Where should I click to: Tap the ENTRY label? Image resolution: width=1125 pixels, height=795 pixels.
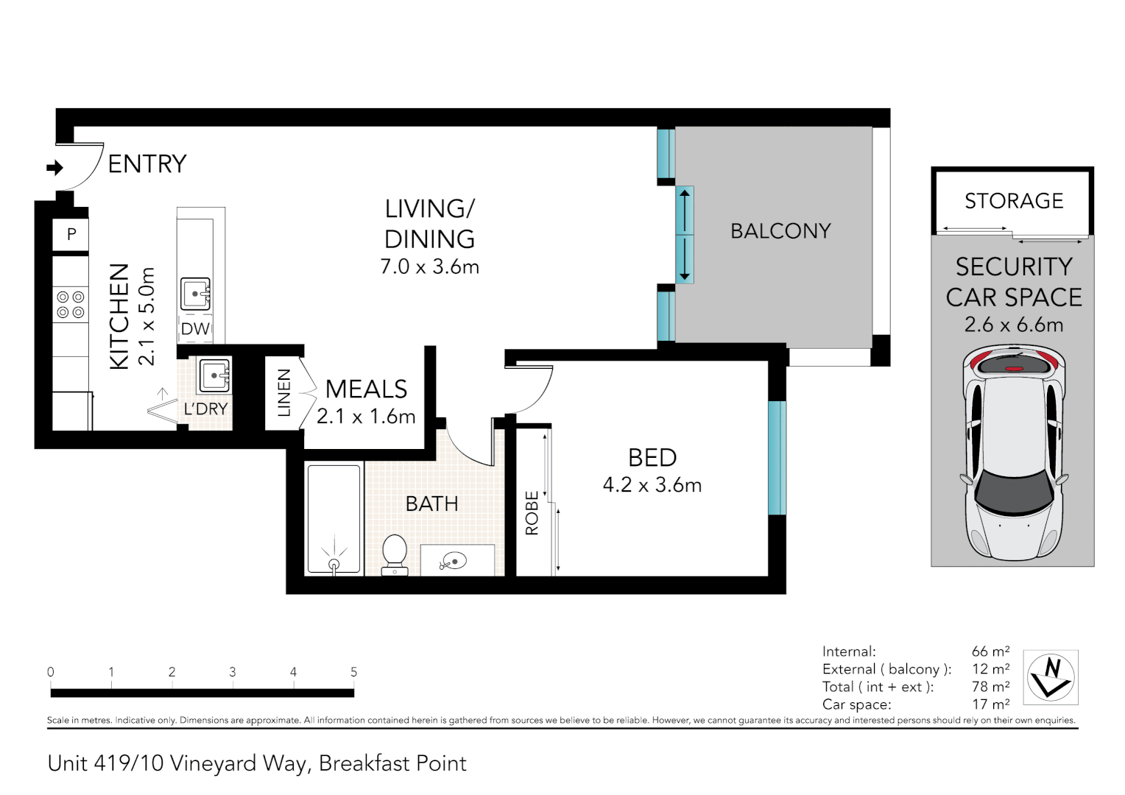click(147, 164)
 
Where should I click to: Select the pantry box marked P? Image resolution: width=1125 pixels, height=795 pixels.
click(71, 235)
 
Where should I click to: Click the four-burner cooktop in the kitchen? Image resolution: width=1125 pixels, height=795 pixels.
click(71, 305)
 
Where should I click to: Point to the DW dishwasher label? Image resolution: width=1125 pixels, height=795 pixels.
click(196, 329)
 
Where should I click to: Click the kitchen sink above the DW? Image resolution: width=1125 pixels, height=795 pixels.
click(196, 294)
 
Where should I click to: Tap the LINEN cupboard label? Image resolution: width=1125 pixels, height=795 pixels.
click(284, 393)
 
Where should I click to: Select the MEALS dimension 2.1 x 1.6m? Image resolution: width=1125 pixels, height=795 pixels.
click(366, 417)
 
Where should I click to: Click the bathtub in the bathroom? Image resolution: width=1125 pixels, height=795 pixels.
click(334, 518)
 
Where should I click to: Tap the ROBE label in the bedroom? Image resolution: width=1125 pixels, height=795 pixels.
click(532, 513)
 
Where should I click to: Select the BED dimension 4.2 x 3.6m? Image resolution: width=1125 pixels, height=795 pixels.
click(652, 485)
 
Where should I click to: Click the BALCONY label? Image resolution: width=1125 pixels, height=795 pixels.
click(780, 231)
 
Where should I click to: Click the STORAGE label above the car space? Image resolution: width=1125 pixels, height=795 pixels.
click(1014, 201)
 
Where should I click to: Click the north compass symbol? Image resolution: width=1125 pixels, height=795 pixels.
click(1051, 677)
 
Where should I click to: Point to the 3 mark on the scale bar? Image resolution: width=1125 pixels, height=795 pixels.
click(233, 672)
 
